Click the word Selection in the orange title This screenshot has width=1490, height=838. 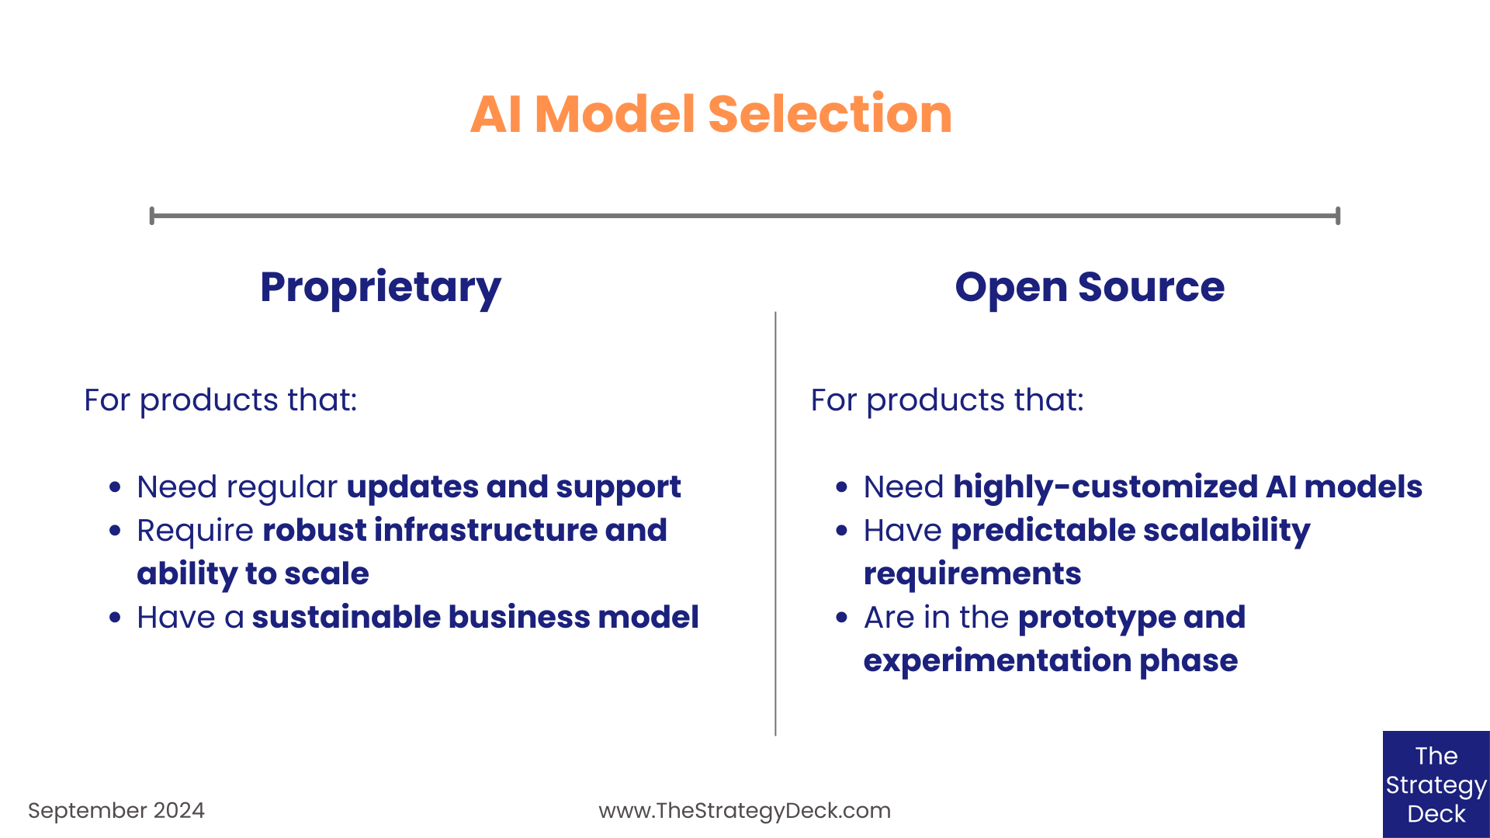[830, 114]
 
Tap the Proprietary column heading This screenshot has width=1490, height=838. [380, 287]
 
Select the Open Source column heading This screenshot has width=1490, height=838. [1090, 287]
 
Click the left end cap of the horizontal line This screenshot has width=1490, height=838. [152, 216]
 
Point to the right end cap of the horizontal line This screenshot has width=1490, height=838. [1338, 216]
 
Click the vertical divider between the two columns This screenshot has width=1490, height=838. [775, 524]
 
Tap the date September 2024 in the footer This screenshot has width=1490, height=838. [116, 810]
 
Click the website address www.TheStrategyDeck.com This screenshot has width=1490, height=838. [744, 810]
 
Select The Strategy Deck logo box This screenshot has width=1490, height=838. [1436, 784]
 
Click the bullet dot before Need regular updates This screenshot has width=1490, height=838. [116, 487]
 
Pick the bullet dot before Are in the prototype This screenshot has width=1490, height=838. [842, 618]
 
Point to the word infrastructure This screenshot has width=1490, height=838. [486, 530]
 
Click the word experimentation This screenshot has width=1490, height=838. [997, 660]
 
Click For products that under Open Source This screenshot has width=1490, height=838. [947, 400]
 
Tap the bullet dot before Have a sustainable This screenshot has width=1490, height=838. [116, 618]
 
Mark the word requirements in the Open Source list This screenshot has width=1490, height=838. [972, 573]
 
